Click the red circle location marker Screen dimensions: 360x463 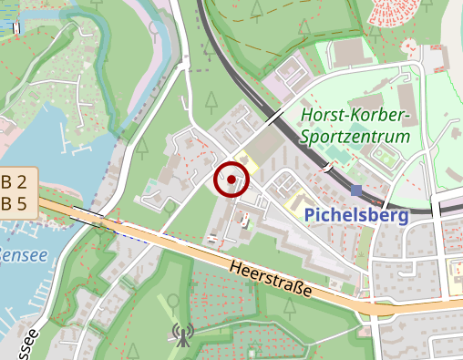click(231, 180)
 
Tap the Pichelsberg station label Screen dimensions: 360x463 click(355, 216)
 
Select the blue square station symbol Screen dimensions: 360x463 click(355, 190)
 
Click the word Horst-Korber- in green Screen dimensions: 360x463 click(355, 117)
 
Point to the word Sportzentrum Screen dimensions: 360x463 click(355, 136)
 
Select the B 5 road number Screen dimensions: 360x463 click(18, 204)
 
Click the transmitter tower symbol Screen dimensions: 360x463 click(182, 334)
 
